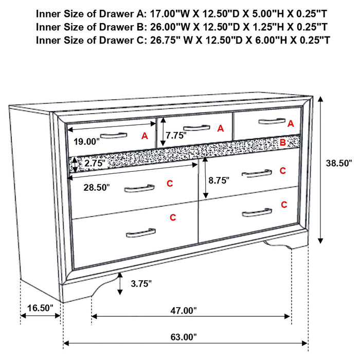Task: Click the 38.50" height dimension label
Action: tap(339, 163)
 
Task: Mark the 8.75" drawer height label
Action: tap(218, 181)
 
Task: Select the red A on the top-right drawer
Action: tap(291, 123)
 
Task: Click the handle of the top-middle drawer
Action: tap(196, 128)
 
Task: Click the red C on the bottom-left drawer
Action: tap(173, 218)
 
